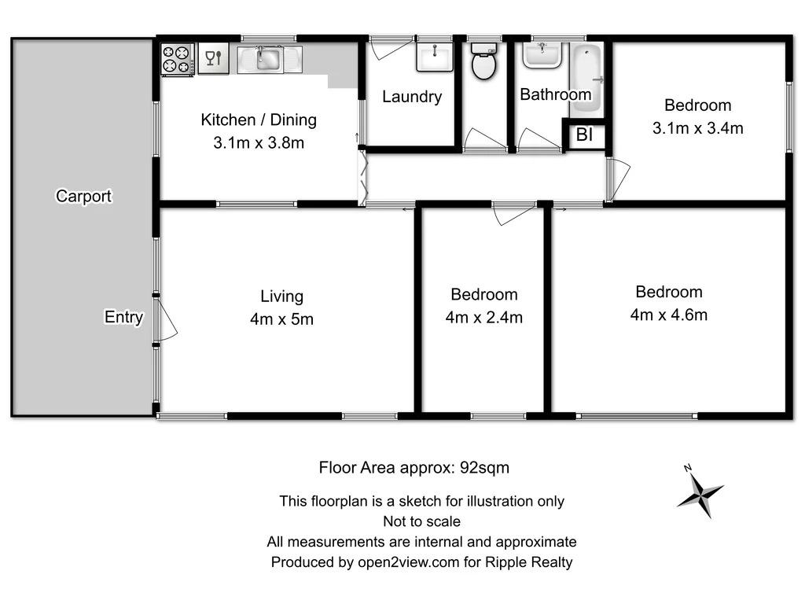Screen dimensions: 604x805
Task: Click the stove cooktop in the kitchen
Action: (177, 60)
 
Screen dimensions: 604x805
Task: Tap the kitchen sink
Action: (269, 58)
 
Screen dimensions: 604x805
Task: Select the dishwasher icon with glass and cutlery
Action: (213, 58)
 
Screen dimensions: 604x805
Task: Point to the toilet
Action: (483, 62)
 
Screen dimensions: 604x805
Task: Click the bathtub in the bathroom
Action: (586, 75)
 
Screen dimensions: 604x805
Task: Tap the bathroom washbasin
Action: (542, 53)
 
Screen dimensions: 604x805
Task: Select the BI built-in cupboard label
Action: (584, 135)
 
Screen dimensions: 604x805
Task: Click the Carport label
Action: (83, 197)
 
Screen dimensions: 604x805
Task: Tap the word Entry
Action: (123, 317)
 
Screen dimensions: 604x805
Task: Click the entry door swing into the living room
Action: (166, 321)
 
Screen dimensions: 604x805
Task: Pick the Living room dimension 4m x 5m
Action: (281, 319)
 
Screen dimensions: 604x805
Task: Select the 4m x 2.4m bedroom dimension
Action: (483, 318)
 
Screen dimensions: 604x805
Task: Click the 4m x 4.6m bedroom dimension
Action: (668, 315)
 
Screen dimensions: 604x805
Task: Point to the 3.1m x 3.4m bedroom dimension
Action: (697, 127)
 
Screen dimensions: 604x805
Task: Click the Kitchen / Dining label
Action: (259, 120)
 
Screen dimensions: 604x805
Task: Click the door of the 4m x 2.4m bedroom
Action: (513, 213)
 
